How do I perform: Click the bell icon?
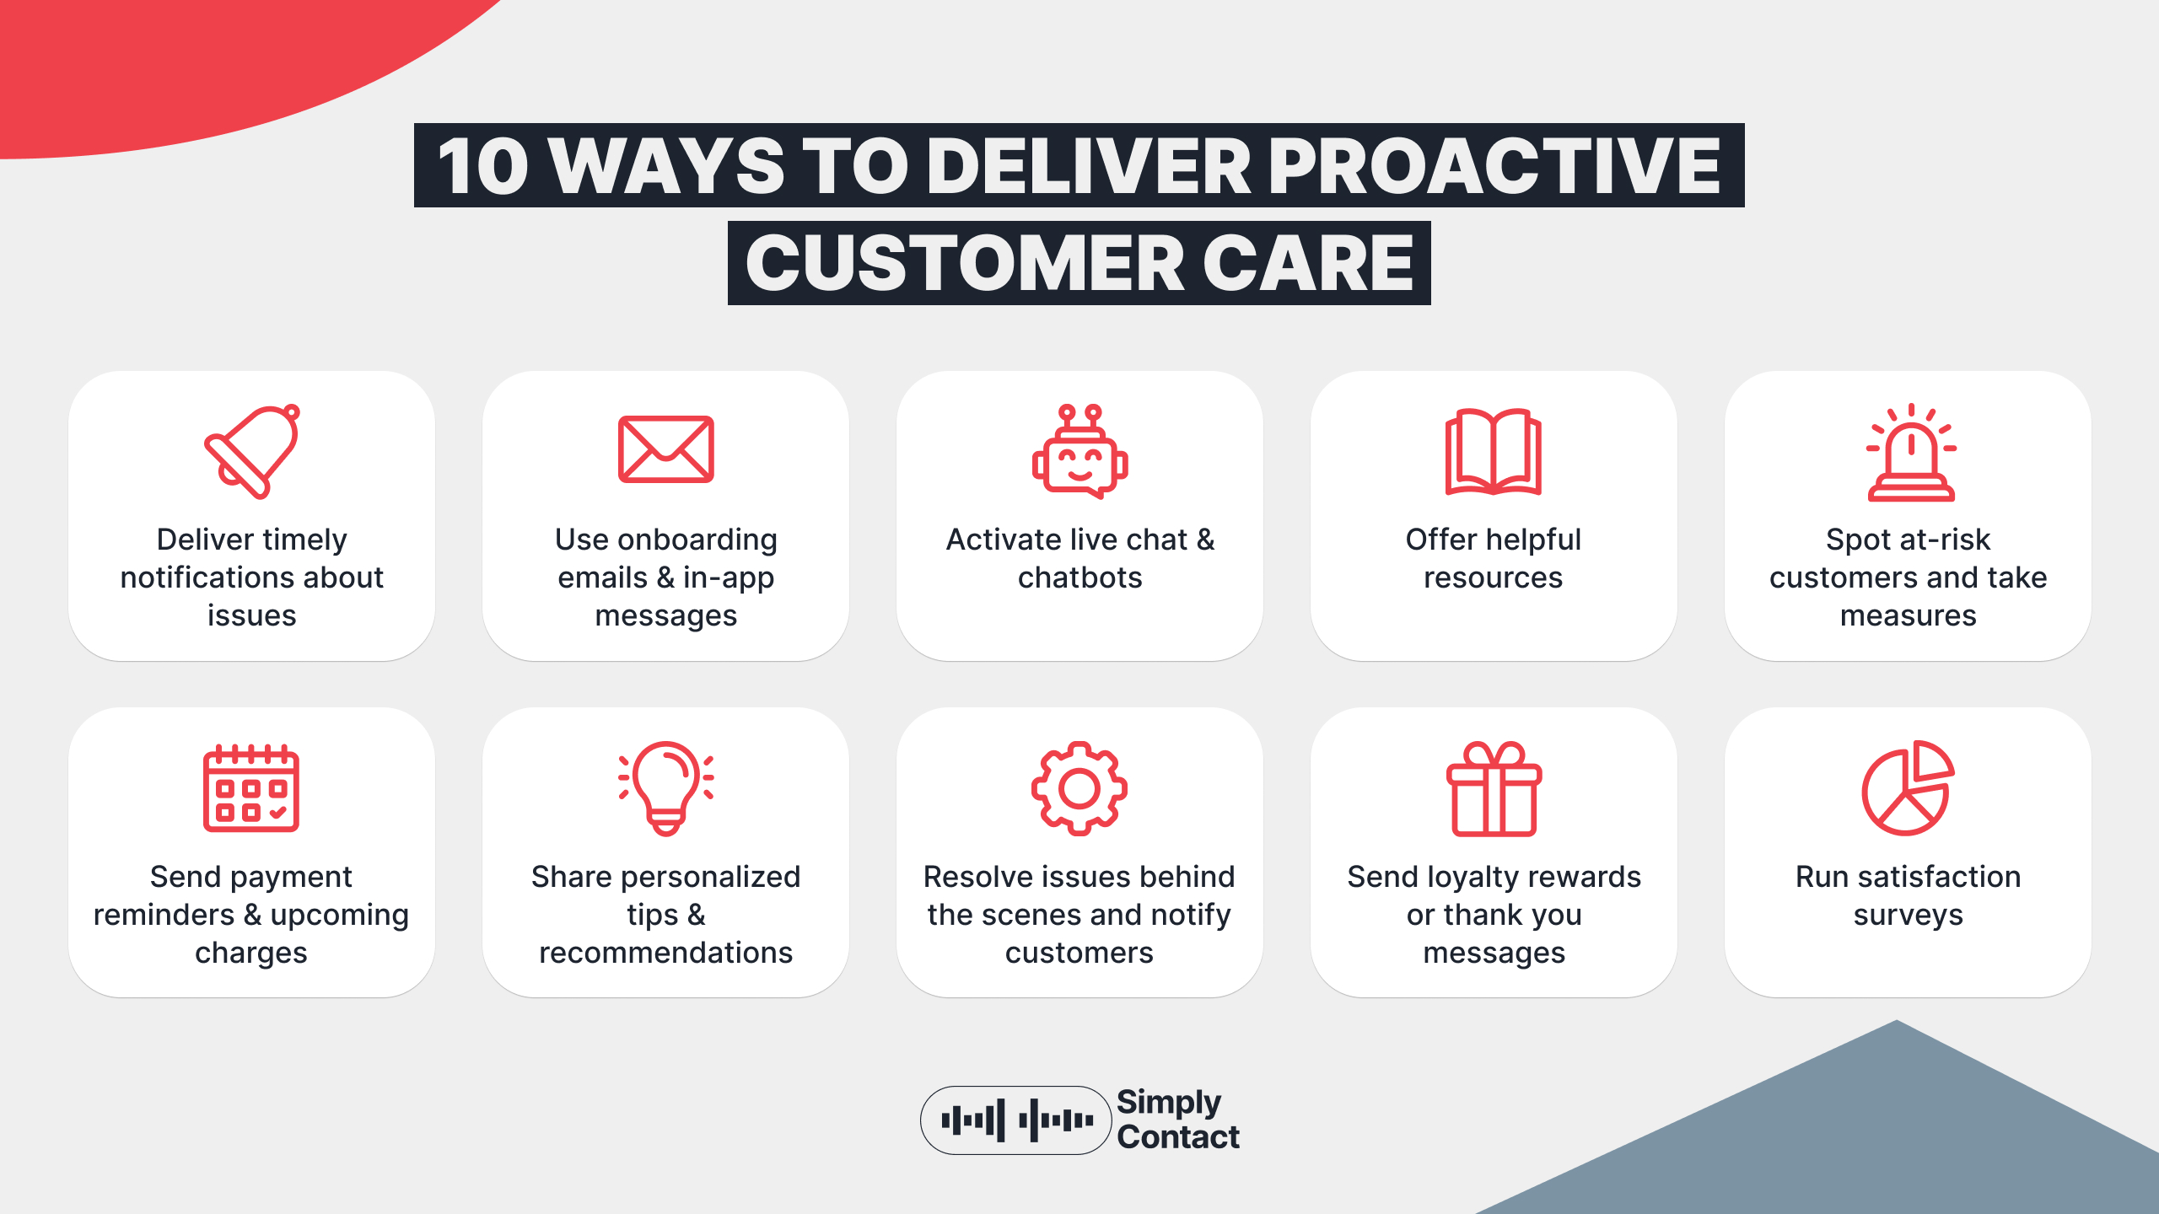252,451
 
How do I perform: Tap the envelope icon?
665,449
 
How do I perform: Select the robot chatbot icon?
1079,452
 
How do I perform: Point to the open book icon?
1493,452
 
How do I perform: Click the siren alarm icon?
1910,454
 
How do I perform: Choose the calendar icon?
251,788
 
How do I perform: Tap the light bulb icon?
665,788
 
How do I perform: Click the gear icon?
1079,788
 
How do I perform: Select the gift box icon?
1494,788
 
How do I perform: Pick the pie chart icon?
1908,788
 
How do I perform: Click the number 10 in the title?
483,166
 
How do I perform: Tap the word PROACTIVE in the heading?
1494,166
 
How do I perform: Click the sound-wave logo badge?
1015,1120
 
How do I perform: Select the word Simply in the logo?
1169,1103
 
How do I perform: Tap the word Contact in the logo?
1178,1137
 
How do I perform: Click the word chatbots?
1079,577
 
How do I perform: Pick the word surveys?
1908,915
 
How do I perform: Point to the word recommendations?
665,953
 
